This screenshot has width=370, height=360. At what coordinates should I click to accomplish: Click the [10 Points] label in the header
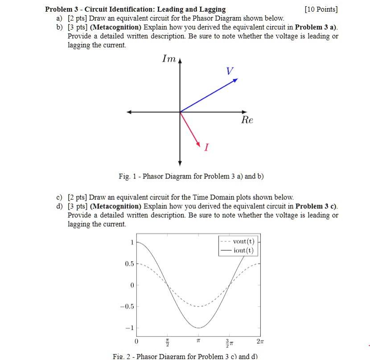click(x=321, y=9)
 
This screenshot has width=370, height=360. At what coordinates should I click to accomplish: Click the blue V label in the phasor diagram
click(x=230, y=71)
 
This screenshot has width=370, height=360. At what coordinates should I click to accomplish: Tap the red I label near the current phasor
click(x=206, y=147)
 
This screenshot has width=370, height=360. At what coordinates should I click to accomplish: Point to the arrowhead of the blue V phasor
click(x=236, y=80)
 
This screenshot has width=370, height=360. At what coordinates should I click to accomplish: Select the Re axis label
click(x=247, y=120)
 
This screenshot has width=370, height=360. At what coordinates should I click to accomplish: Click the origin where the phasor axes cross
click(x=180, y=112)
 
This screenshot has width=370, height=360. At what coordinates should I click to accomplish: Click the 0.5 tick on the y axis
click(x=129, y=264)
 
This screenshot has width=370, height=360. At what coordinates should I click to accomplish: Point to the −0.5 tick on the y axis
click(x=127, y=306)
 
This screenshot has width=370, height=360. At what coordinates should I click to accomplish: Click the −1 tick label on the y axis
click(x=129, y=328)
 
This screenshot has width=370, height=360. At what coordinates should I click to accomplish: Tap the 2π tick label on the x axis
click(x=261, y=341)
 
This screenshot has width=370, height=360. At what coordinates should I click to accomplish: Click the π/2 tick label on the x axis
click(x=168, y=342)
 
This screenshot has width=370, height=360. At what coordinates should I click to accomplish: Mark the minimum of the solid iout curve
click(x=199, y=328)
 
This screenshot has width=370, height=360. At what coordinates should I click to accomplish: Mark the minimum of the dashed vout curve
click(x=199, y=306)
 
